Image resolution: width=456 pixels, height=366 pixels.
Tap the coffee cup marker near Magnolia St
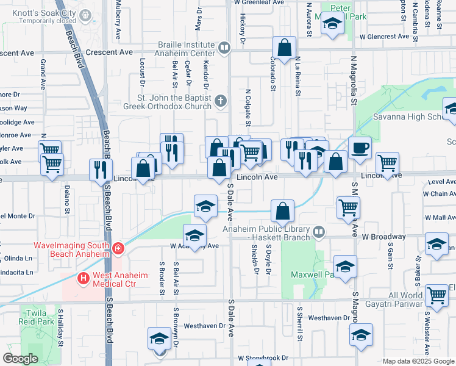pyautogui.click(x=360, y=147)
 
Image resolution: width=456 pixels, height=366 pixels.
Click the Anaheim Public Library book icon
pyautogui.click(x=318, y=232)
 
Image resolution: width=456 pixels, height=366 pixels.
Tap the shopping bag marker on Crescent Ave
pyautogui.click(x=285, y=47)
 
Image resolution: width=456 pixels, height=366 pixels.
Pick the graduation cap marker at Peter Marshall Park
pyautogui.click(x=332, y=24)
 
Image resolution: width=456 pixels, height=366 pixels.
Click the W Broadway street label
pyautogui.click(x=383, y=236)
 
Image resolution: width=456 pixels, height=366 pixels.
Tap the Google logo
pyautogui.click(x=21, y=359)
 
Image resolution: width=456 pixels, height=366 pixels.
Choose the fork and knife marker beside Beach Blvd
pyautogui.click(x=99, y=170)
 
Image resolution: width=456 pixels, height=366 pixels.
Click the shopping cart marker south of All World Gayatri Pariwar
pyautogui.click(x=436, y=296)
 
